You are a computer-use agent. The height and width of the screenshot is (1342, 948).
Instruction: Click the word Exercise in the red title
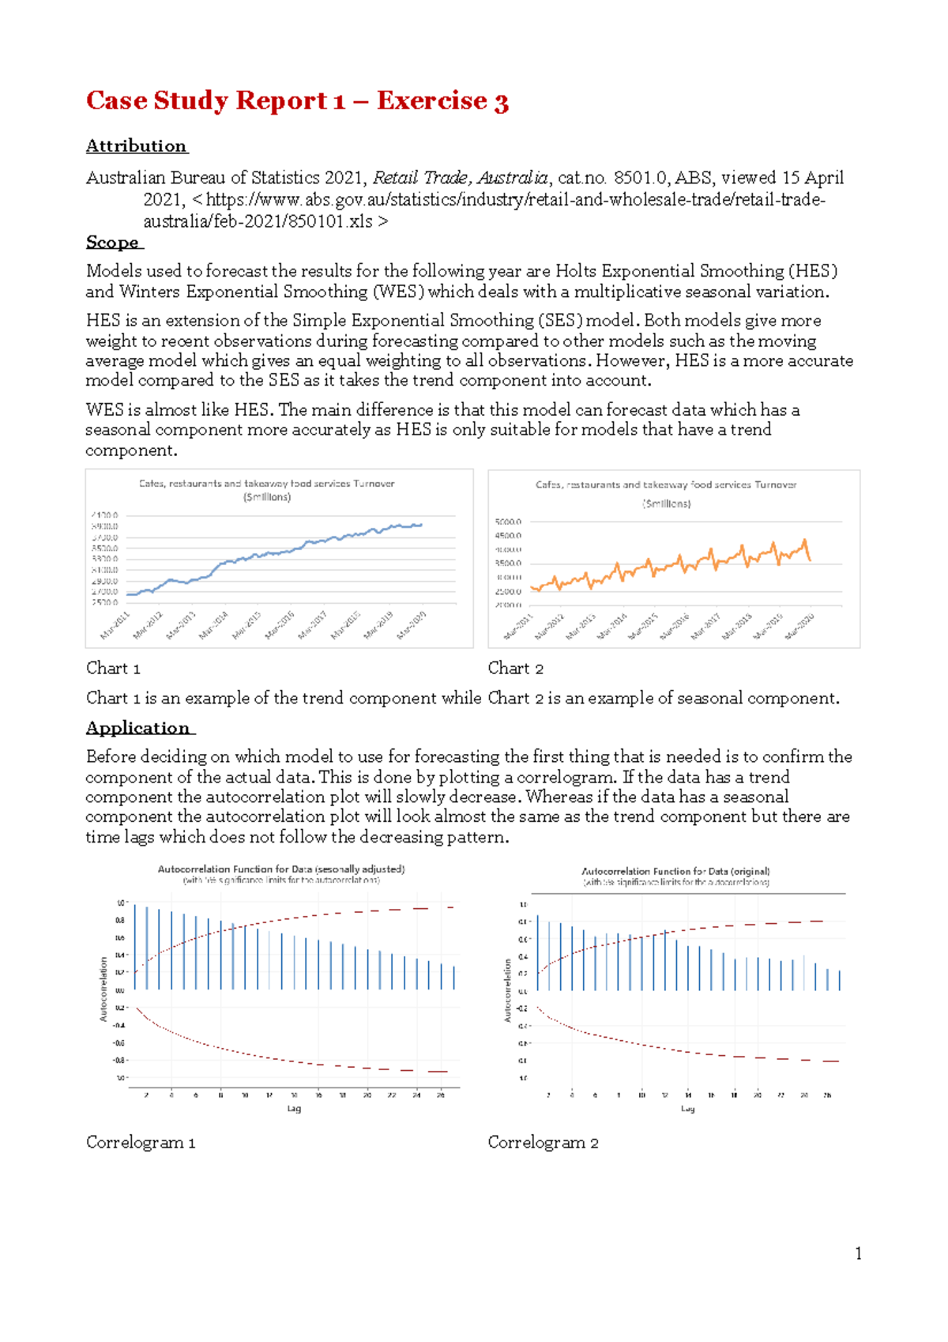[431, 101]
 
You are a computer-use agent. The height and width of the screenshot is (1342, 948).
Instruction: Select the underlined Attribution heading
[136, 146]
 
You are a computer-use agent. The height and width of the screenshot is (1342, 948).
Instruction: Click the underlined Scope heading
[113, 243]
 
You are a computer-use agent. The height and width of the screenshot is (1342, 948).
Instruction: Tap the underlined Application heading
[138, 728]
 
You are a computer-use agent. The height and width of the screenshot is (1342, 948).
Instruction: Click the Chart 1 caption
[113, 669]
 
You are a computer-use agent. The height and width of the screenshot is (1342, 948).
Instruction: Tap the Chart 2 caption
[515, 669]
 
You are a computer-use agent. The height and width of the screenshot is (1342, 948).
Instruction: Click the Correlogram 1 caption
[140, 1143]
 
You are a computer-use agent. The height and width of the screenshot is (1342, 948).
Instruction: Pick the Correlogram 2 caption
[543, 1143]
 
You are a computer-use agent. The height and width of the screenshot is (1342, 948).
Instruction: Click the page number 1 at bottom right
[858, 1253]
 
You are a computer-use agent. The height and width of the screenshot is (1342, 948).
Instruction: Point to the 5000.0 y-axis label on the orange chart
[508, 522]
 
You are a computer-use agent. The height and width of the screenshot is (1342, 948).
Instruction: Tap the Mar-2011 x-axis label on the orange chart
[519, 628]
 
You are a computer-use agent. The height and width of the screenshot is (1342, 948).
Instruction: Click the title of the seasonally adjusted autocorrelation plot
[281, 869]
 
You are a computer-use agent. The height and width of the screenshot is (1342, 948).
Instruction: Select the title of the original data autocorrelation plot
[675, 871]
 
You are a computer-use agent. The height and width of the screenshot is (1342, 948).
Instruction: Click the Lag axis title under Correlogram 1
[294, 1109]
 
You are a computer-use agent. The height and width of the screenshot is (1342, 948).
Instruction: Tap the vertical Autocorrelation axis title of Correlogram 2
[508, 990]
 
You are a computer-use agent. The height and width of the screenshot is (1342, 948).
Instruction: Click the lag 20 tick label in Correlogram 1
[367, 1095]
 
